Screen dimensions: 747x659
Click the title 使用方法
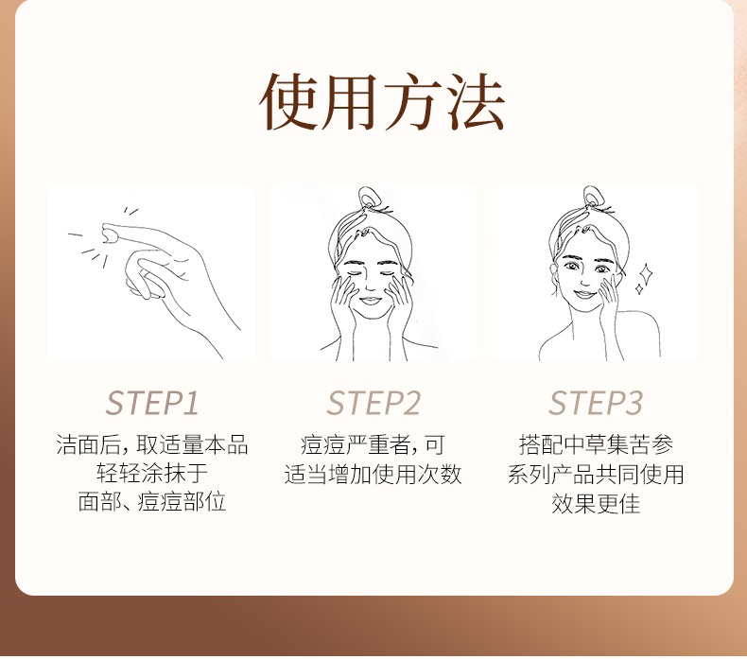[382, 101]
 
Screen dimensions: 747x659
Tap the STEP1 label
[151, 403]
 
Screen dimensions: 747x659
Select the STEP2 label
[373, 403]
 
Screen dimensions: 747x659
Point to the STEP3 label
[596, 403]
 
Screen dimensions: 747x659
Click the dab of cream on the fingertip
[111, 234]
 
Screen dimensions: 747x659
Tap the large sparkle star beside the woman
[646, 274]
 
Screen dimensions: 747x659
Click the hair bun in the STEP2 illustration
[369, 197]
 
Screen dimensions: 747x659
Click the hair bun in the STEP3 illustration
[593, 196]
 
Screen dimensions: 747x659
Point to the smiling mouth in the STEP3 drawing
[585, 294]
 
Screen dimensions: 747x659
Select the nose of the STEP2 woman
[370, 287]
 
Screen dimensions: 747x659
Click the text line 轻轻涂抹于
[152, 474]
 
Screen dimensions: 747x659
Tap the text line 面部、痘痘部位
[152, 502]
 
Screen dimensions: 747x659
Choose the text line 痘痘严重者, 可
[373, 445]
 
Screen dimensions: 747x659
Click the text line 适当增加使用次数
[373, 474]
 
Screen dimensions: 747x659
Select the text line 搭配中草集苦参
[596, 445]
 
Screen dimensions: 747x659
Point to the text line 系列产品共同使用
[596, 474]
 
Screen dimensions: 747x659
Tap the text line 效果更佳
[596, 503]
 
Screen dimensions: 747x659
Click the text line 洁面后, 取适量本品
[152, 445]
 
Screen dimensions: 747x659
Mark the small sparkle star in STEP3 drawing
[639, 288]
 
